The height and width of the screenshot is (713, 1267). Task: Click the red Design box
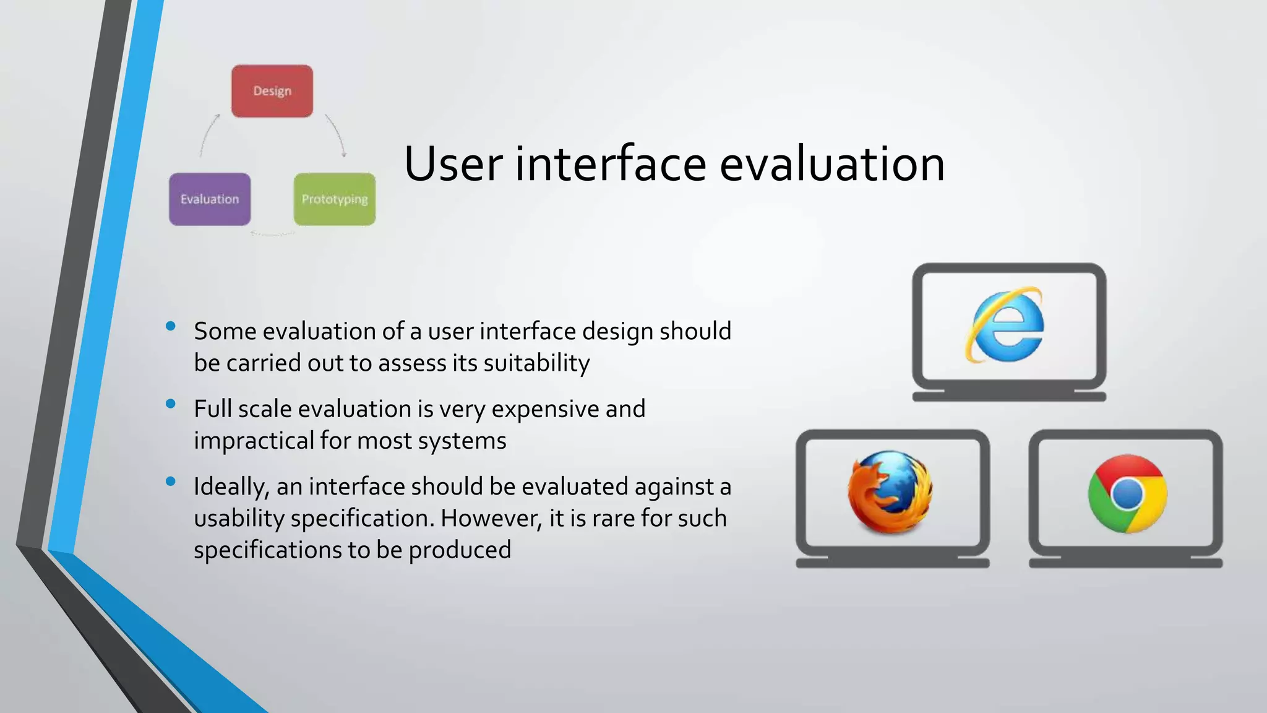[272, 91]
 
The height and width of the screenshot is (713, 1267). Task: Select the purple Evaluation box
[210, 199]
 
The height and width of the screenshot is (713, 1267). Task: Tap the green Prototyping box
[335, 199]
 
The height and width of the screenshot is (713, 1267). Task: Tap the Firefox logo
[890, 493]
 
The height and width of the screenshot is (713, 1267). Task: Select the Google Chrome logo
[1127, 494]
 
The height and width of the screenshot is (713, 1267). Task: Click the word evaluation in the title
[832, 164]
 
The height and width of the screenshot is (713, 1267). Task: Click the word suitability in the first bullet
[536, 363]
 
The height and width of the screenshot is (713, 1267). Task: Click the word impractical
[254, 441]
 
